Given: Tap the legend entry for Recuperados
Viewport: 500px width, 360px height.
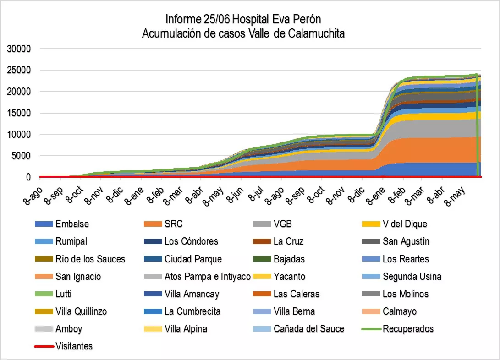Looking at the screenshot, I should point(408,328).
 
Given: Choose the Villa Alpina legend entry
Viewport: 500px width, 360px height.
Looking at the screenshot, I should point(186,328).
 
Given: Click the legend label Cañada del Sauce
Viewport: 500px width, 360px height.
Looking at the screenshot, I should point(308,328).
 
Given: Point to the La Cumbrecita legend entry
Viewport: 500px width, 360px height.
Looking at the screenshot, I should point(192,311).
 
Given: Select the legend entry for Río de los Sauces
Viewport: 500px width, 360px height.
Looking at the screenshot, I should point(90,259).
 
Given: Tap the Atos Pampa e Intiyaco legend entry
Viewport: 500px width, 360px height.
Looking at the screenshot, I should point(207,276).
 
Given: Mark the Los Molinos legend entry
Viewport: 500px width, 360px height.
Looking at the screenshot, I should point(405,294).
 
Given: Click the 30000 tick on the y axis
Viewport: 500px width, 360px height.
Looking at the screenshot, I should point(19,49).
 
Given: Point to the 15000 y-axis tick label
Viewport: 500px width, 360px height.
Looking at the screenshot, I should point(19,113).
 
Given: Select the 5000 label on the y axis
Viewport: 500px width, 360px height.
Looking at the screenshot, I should point(22,156).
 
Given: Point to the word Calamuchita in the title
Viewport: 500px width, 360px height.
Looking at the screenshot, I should point(316,34).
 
